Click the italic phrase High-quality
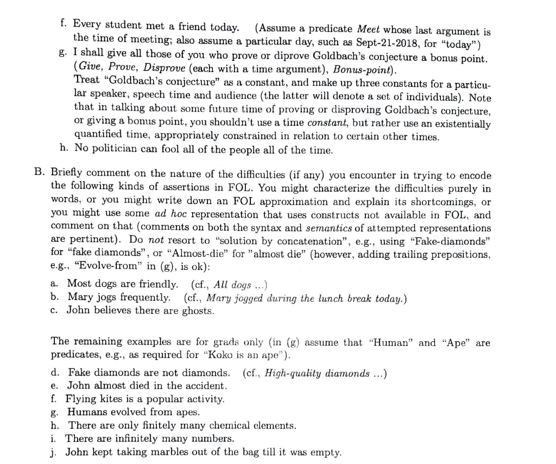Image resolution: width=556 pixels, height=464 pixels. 294,373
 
